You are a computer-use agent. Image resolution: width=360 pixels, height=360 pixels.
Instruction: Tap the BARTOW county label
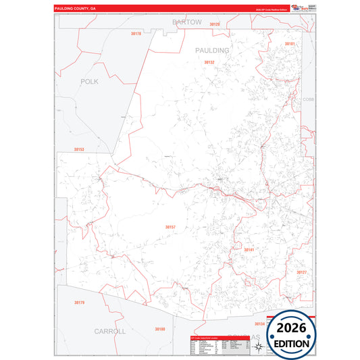(187, 22)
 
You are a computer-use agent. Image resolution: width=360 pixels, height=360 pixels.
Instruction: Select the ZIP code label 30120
(215, 24)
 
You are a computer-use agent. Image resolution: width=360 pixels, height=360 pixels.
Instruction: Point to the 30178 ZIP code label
(136, 33)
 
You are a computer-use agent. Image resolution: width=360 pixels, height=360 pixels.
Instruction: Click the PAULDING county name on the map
(212, 51)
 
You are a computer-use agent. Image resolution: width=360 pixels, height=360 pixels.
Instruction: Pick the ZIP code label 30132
(209, 62)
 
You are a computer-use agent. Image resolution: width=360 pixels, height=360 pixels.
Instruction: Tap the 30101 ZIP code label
(290, 44)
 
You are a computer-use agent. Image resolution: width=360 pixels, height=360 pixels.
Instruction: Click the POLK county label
(89, 81)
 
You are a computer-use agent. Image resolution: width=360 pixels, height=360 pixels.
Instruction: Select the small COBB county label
(308, 99)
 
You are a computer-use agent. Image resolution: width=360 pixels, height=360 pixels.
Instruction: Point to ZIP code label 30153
(79, 149)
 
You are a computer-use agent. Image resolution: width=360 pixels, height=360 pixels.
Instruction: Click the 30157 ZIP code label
(170, 227)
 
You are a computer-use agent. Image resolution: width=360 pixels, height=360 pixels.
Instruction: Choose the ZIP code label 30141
(249, 249)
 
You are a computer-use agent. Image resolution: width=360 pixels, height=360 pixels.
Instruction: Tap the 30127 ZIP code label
(301, 272)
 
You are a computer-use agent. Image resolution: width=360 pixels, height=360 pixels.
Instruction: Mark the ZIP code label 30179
(80, 302)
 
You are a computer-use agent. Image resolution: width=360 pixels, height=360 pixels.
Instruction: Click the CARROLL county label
(110, 332)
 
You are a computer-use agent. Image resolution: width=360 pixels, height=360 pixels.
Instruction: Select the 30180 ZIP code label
(159, 329)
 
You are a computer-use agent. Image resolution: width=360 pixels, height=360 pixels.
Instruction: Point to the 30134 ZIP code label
(259, 324)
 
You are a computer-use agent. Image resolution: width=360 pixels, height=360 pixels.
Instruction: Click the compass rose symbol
(257, 346)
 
